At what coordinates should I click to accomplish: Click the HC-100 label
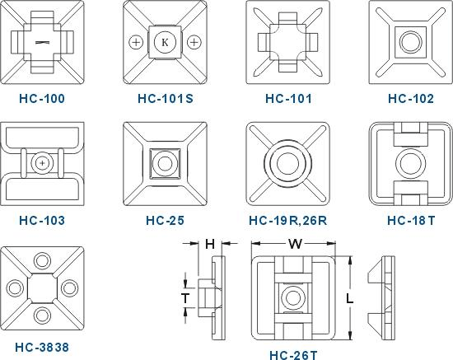[x=42, y=99]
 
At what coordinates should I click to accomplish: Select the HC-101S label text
[x=166, y=99]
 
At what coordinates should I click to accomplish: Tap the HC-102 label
[x=410, y=99]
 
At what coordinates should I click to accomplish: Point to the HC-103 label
[x=42, y=221]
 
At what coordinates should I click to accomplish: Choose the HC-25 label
[x=165, y=221]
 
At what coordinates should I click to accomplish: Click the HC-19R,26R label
[x=287, y=221]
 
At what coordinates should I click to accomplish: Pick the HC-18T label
[x=411, y=221]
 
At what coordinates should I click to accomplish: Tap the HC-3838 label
[x=42, y=348]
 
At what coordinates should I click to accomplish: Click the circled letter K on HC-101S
[x=165, y=42]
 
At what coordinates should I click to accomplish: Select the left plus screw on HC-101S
[x=136, y=42]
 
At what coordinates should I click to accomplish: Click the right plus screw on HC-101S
[x=194, y=42]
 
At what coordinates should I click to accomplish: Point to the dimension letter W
[x=295, y=244]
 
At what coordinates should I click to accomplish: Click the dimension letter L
[x=349, y=298]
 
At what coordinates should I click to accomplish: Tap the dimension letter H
[x=210, y=244]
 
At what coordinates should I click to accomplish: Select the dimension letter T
[x=185, y=298]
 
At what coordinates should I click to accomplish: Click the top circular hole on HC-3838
[x=42, y=261]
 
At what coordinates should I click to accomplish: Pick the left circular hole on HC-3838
[x=15, y=288]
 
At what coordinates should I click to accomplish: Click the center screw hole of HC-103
[x=42, y=163]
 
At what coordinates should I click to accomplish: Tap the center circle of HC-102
[x=410, y=42]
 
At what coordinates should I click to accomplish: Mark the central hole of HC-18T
[x=410, y=164]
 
